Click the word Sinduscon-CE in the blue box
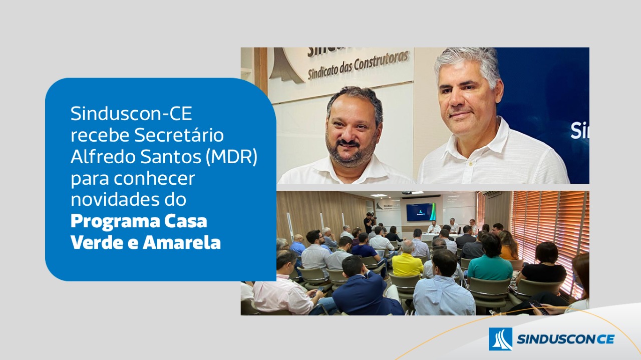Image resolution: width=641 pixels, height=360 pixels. [131, 114]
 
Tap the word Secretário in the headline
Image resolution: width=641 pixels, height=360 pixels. [179, 135]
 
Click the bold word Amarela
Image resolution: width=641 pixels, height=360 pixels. [182, 243]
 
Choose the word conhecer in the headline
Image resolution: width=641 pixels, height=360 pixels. [155, 178]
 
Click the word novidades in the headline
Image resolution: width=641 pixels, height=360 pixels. [115, 199]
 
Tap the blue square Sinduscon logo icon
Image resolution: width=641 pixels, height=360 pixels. [500, 339]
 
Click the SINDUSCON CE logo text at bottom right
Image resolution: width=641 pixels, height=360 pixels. [565, 339]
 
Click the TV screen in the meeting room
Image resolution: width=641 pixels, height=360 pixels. [421, 212]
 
